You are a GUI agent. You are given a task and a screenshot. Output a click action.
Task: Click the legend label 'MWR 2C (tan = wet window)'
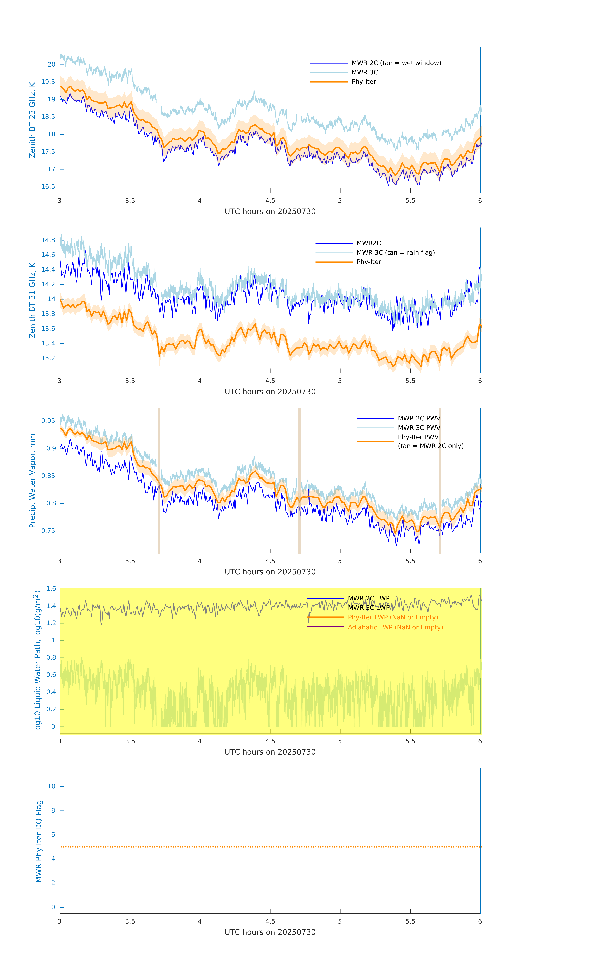396,63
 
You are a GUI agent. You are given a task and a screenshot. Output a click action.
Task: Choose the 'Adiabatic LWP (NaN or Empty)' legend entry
395,627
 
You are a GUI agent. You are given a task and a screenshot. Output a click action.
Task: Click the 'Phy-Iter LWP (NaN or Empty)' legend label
393,617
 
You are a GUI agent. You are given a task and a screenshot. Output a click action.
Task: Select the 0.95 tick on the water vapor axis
48,421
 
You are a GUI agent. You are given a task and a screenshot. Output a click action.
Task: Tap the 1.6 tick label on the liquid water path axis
51,589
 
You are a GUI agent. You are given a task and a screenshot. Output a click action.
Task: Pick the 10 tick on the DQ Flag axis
51,786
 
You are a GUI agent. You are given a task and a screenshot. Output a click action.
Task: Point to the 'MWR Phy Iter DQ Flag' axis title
39,841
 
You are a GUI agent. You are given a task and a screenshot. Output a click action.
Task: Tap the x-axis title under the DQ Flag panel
270,932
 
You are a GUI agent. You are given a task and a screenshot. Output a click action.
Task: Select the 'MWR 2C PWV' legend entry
419,418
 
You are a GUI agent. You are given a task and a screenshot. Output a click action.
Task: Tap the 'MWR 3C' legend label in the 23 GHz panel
364,72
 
